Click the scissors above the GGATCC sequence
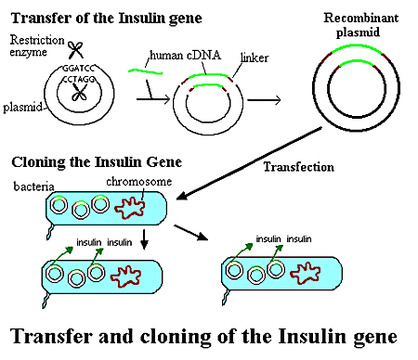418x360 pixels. click(x=75, y=50)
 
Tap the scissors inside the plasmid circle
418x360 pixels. click(x=79, y=93)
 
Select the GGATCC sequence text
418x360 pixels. click(x=78, y=69)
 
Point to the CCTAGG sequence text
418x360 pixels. click(x=79, y=79)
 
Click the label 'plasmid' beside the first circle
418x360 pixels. click(x=22, y=108)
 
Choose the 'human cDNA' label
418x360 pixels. click(x=185, y=56)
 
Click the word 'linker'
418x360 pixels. click(x=255, y=58)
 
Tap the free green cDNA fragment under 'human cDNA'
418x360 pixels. click(x=145, y=71)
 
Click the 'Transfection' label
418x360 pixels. click(x=299, y=167)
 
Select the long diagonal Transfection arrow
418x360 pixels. click(x=249, y=163)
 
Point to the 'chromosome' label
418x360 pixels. click(x=139, y=182)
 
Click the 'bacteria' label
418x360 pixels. click(x=33, y=186)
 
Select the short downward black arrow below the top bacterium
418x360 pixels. click(x=144, y=239)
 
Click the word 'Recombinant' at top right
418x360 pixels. click(x=361, y=18)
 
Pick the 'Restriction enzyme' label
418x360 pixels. click(x=37, y=45)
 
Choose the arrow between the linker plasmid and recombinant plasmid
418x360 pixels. click(x=264, y=100)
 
